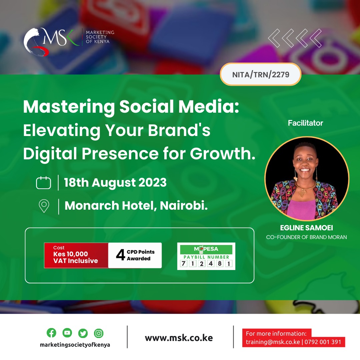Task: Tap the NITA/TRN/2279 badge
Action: [x=261, y=74]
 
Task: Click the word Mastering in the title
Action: [x=69, y=107]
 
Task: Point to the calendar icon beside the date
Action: [x=43, y=183]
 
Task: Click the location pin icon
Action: [x=44, y=206]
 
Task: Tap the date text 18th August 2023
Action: [x=115, y=183]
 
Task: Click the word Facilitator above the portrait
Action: [x=305, y=123]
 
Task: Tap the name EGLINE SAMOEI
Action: [x=307, y=228]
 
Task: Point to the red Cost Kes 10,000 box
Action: [x=76, y=255]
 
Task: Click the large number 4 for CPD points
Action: [x=120, y=255]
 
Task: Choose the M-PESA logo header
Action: [x=206, y=249]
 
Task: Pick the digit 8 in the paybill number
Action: [x=220, y=263]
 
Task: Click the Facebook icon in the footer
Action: [x=51, y=333]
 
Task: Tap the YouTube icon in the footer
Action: [x=67, y=333]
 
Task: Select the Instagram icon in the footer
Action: [x=99, y=333]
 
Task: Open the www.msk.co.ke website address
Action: [x=179, y=338]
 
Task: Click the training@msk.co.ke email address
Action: [x=273, y=342]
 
